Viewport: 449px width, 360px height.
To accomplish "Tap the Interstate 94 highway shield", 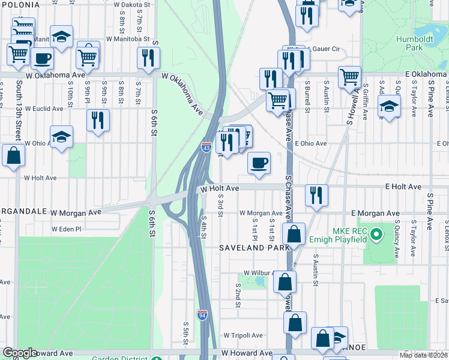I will tap(202, 315).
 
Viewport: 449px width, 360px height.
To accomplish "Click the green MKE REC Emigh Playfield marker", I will tap(376, 233).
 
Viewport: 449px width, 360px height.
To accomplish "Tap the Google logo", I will tap(20, 352).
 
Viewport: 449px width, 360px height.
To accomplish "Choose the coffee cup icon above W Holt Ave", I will tap(259, 163).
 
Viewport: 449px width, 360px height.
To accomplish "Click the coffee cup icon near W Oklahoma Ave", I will tap(42, 58).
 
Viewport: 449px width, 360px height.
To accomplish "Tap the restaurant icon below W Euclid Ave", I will tap(97, 119).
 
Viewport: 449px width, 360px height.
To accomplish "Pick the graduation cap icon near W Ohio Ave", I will tap(61, 137).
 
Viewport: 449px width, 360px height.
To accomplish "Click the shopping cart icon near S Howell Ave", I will tap(349, 76).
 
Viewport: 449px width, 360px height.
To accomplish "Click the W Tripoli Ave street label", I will tap(243, 335).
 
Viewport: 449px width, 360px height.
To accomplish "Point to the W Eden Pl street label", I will tap(66, 229).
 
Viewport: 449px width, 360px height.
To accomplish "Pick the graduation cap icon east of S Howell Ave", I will tap(389, 107).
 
